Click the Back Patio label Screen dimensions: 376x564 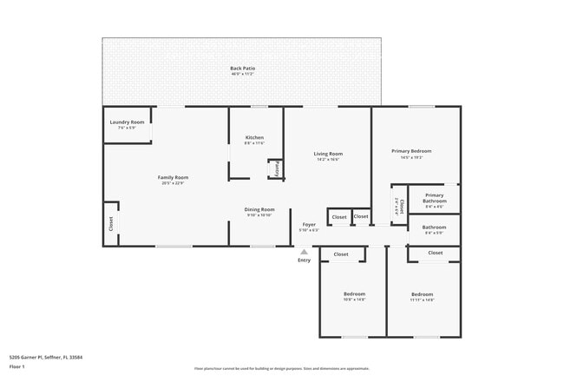(x=243, y=69)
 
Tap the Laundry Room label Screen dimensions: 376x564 (x=127, y=123)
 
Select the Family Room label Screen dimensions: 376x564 (x=174, y=178)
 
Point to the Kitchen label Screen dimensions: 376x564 (x=254, y=139)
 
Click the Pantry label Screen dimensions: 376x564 (x=276, y=169)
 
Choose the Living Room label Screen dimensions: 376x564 (x=328, y=155)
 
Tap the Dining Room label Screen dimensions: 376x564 (x=260, y=209)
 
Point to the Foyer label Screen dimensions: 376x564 (x=309, y=225)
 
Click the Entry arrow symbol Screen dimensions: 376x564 (x=304, y=251)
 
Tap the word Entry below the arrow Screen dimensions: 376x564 (x=304, y=260)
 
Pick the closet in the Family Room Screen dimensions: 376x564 (x=110, y=223)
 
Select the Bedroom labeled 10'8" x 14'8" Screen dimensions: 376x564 (x=354, y=294)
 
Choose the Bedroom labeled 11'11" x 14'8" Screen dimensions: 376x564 (x=423, y=294)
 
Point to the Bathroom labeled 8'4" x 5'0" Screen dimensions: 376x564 (x=435, y=230)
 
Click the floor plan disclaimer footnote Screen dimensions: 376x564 (x=282, y=368)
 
